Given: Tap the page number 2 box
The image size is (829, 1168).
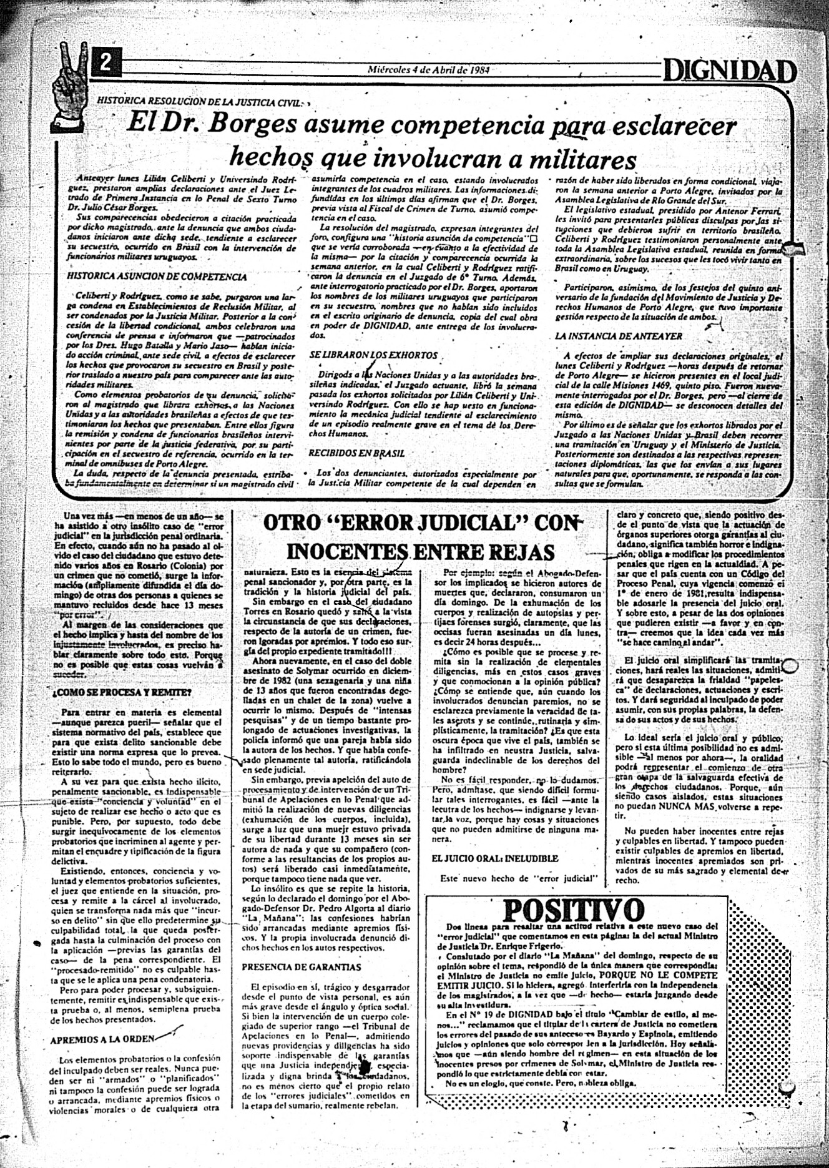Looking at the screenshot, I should [x=107, y=62].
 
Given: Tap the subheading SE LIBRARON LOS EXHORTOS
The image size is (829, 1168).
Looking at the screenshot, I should [x=373, y=355].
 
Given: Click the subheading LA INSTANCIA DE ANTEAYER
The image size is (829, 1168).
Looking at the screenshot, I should [x=619, y=336].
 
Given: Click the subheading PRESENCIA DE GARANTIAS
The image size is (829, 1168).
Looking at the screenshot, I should [x=301, y=967].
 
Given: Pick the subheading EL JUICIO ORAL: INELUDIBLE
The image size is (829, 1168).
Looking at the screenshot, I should [x=495, y=858].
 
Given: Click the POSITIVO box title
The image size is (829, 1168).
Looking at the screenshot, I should [x=573, y=910].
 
